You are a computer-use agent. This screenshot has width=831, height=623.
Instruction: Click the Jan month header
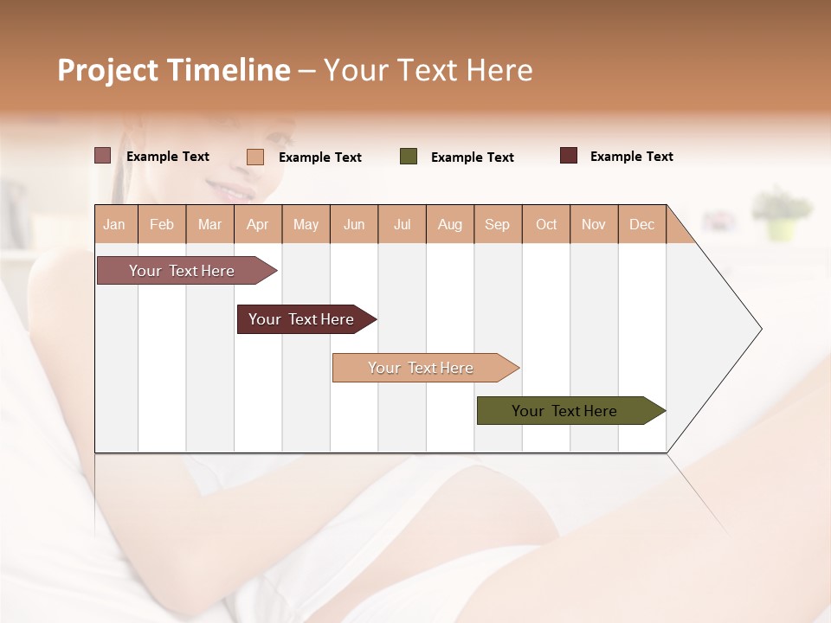(x=115, y=224)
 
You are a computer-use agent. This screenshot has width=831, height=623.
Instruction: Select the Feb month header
(x=162, y=224)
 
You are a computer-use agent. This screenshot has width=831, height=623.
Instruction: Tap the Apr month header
(x=258, y=224)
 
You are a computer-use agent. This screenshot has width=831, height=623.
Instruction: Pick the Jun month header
(x=354, y=224)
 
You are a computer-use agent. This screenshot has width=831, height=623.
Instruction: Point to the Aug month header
(x=450, y=224)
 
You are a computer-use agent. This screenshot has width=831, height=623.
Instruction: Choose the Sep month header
(x=498, y=224)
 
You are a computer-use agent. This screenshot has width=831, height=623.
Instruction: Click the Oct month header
(x=546, y=224)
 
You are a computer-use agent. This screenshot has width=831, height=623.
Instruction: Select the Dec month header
(x=642, y=224)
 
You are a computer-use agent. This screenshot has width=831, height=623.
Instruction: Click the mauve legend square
(x=102, y=156)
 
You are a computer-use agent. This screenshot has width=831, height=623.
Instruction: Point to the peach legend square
(x=255, y=157)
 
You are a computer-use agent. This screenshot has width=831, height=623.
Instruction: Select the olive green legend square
(x=409, y=157)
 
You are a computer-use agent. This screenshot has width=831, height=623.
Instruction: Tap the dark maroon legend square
(x=569, y=156)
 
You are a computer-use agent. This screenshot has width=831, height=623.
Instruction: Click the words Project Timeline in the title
(x=173, y=70)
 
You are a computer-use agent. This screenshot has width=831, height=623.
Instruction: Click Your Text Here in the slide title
(x=428, y=70)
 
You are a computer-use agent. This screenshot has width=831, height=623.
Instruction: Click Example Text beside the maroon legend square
(x=631, y=157)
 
